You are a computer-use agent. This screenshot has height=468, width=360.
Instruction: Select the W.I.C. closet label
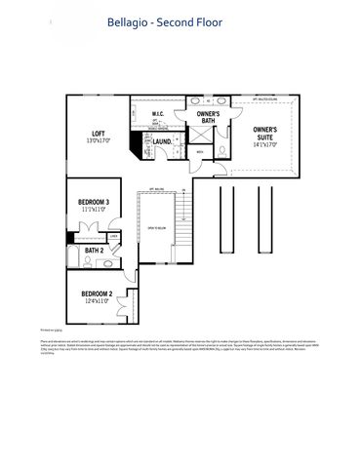158,115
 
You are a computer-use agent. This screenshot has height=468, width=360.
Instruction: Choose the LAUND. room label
162,142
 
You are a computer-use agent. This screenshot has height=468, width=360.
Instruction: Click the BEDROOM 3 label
94,202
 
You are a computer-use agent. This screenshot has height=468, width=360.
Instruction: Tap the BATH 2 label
94,251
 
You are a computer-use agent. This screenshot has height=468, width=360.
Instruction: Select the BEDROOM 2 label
97,293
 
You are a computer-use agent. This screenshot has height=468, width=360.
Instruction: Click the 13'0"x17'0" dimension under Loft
99,141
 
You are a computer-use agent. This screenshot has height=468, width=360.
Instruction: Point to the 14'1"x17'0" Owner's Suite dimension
264,145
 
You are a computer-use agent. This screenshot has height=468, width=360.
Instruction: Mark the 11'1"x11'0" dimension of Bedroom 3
94,210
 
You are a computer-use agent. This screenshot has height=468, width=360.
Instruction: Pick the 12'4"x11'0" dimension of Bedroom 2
97,301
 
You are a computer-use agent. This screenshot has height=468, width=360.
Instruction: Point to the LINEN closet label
113,235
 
